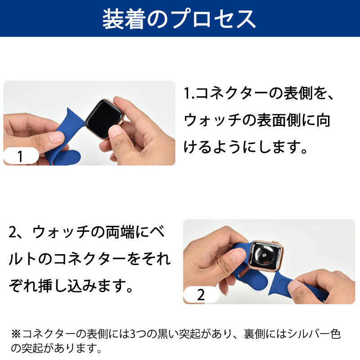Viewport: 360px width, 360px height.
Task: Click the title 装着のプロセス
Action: coord(180,18)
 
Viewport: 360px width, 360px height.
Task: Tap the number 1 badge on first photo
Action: coord(20,157)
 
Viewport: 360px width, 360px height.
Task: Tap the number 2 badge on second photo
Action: coord(201,295)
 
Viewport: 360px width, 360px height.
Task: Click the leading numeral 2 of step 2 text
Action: coord(14,233)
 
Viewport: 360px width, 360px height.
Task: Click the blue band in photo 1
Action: coord(67,135)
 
